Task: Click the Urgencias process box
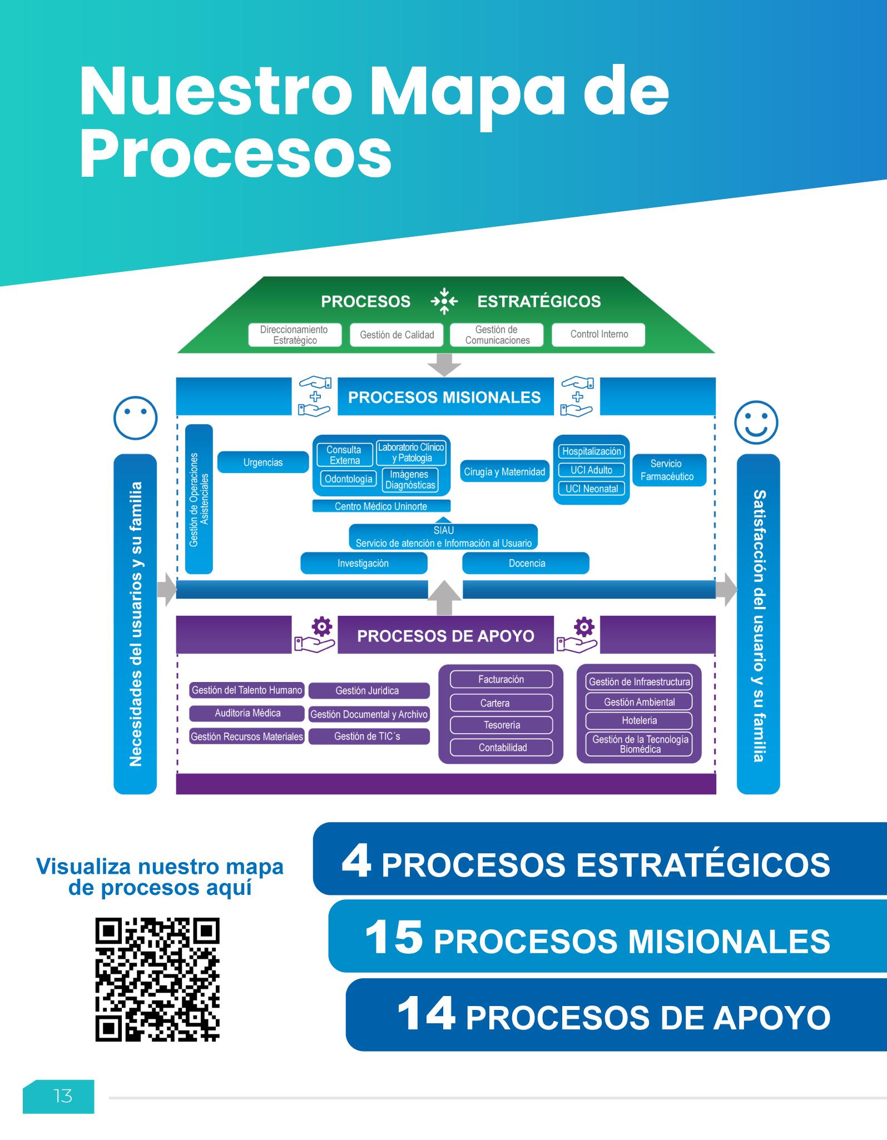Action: point(262,462)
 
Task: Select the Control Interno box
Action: point(598,335)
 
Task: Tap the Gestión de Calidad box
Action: point(397,335)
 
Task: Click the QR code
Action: point(157,979)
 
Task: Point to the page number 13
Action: point(63,1096)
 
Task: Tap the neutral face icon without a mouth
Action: point(135,417)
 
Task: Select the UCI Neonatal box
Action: point(591,489)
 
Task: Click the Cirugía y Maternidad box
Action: point(504,472)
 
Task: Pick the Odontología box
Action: point(349,479)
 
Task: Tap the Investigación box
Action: point(363,564)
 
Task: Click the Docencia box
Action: point(526,564)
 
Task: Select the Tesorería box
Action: point(501,725)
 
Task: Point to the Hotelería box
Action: point(639,721)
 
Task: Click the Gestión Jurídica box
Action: point(368,691)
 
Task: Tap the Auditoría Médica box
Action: point(247,713)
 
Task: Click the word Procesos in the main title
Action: point(236,152)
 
